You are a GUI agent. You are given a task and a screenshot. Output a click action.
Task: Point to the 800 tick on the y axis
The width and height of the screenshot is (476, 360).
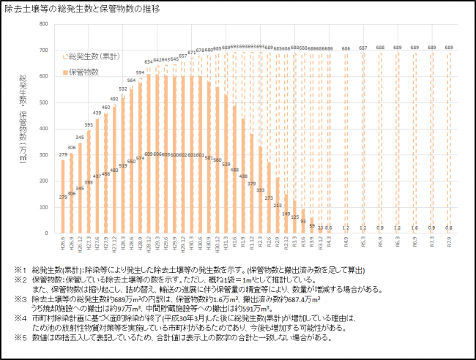(x=46, y=25)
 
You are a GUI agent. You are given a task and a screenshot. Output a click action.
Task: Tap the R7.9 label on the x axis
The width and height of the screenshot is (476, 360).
(x=450, y=244)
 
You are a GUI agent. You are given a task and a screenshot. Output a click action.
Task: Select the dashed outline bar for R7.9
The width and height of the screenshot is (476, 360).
(x=450, y=142)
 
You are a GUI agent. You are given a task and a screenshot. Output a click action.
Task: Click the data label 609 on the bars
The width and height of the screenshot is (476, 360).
(x=149, y=154)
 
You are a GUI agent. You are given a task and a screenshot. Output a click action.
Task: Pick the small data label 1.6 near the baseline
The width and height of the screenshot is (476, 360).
(x=415, y=228)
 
